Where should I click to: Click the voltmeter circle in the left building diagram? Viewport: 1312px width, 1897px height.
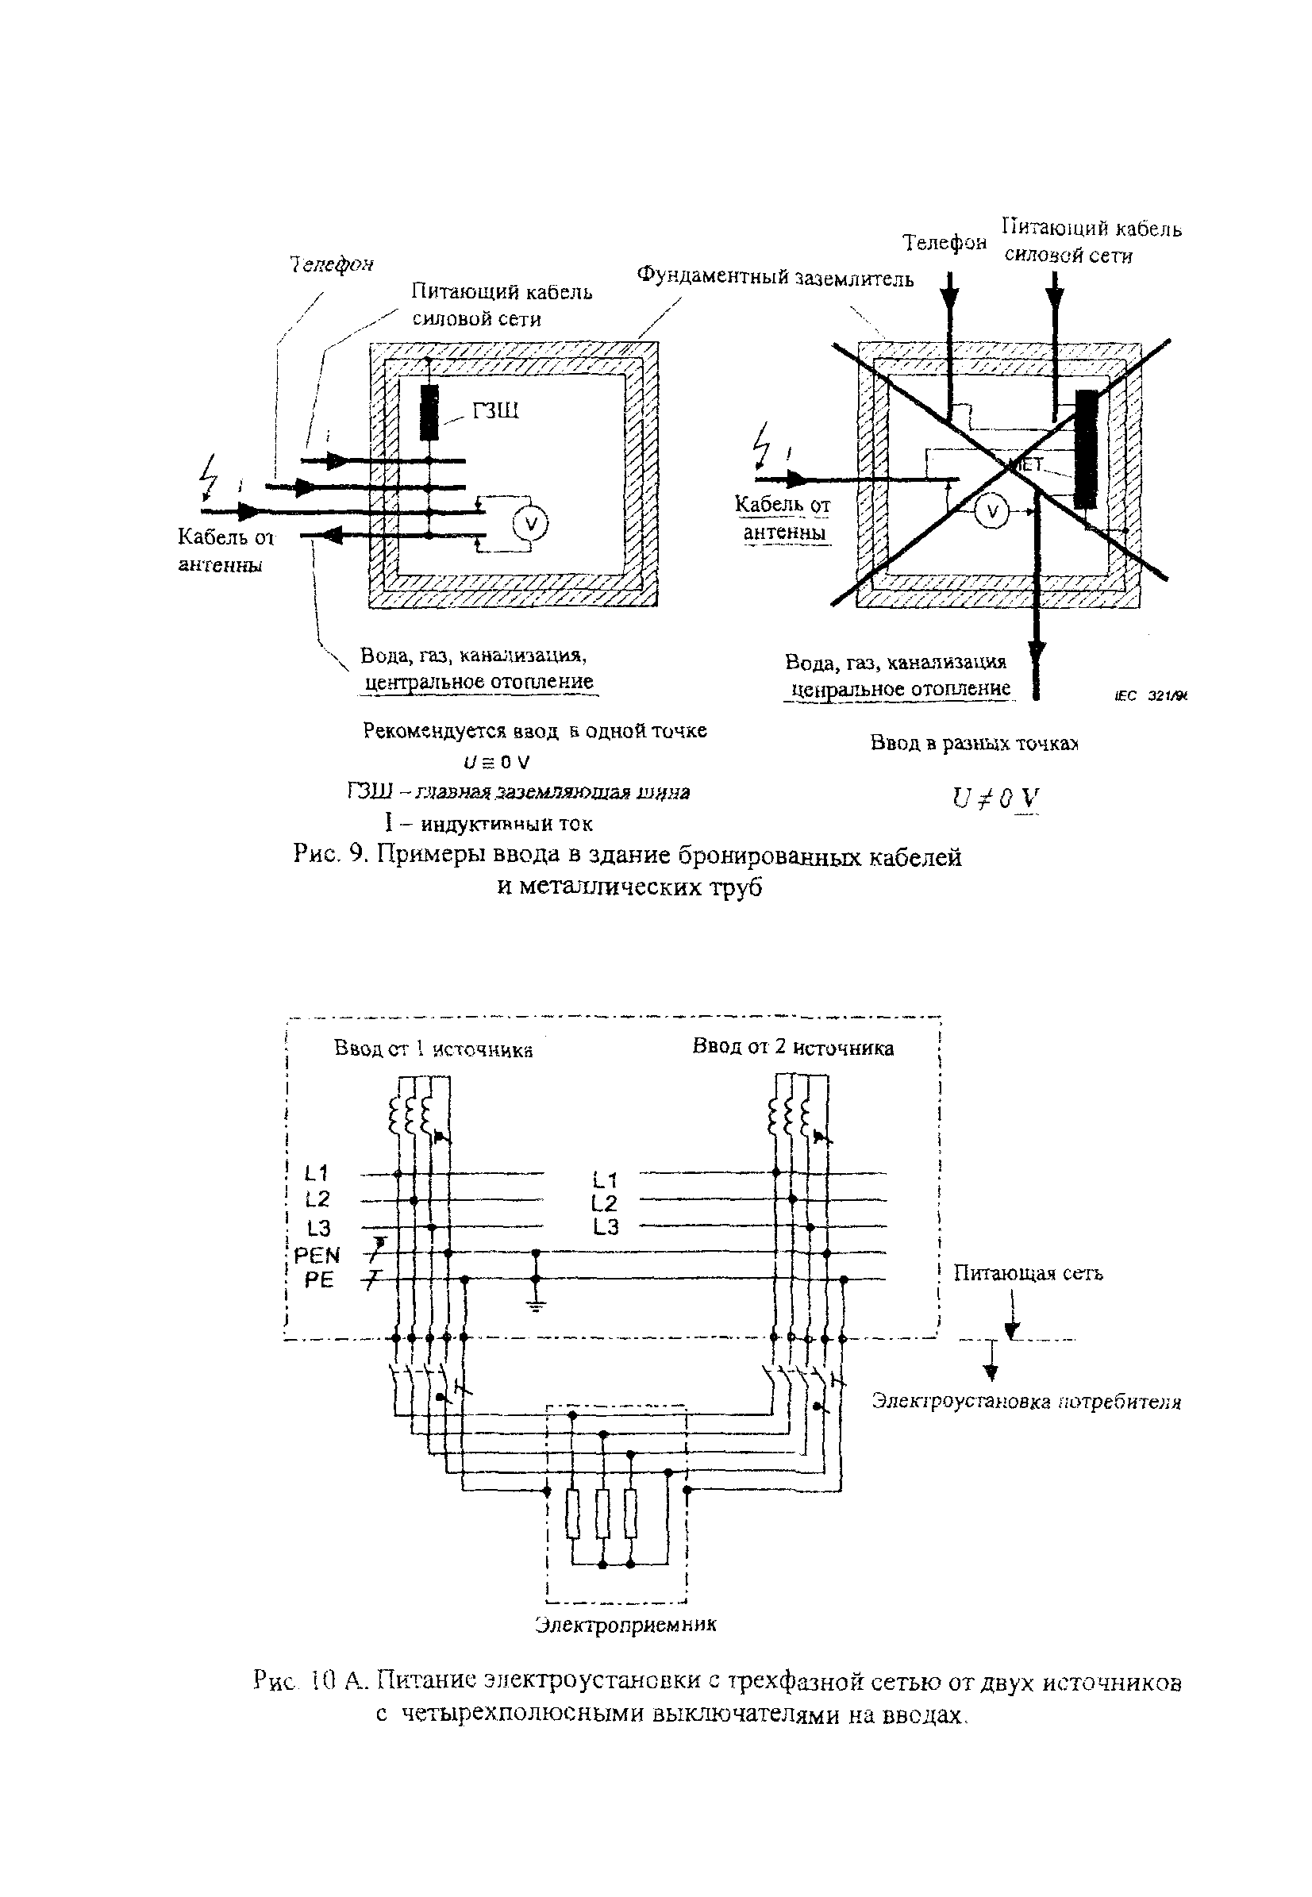coord(529,523)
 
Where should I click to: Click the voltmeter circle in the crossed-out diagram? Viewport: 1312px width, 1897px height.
coord(992,511)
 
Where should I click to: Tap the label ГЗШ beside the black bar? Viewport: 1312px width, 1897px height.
coord(495,410)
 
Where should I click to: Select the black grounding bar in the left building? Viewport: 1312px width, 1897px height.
coord(429,413)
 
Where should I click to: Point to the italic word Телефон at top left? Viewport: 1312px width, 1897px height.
coord(331,264)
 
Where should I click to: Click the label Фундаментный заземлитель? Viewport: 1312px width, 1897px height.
coord(775,278)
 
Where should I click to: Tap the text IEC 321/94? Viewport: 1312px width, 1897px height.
coord(1151,696)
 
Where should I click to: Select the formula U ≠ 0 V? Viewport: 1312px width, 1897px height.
coord(995,798)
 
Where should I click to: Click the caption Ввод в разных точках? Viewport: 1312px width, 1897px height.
coord(974,744)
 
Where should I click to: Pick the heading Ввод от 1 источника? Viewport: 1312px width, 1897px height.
coord(433,1049)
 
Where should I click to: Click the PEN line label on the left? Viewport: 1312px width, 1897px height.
coord(317,1255)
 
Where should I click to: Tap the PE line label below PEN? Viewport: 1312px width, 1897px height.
coord(319,1279)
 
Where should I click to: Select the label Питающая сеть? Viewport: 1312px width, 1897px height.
coord(1028,1273)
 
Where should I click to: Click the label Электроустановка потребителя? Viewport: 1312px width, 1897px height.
coord(1026,1402)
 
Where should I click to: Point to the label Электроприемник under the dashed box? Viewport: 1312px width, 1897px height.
coord(625,1625)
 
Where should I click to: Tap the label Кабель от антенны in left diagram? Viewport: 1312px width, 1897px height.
coord(224,551)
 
